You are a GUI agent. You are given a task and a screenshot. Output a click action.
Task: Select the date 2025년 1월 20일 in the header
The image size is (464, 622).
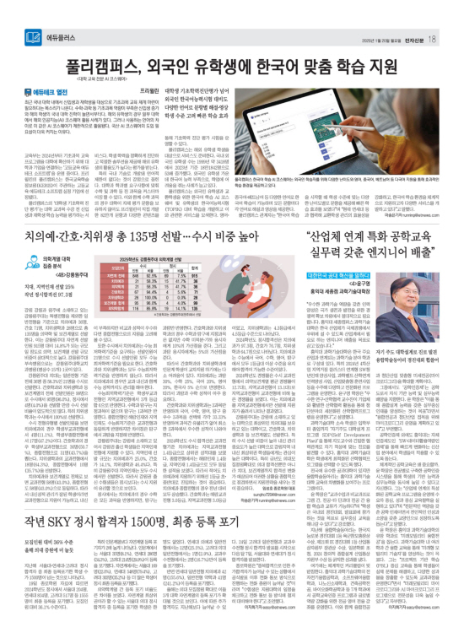pyautogui.click(x=377, y=16)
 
